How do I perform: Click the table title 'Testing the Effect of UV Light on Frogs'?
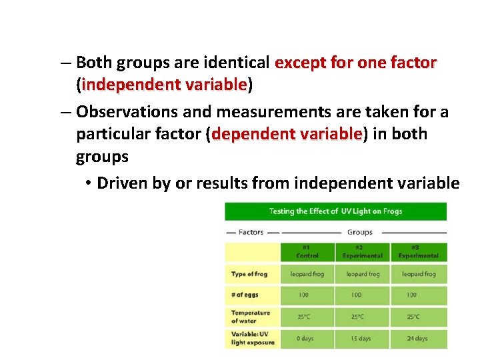335,211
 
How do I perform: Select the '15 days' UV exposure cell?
362,338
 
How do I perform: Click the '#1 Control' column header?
307,252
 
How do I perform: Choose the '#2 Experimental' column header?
362,252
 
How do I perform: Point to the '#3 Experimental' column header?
419,252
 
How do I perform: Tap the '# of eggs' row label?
245,295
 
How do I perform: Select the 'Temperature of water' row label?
251,316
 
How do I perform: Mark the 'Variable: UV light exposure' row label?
253,338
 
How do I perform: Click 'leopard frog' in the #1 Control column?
307,274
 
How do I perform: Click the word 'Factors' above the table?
251,232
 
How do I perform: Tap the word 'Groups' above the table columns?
360,232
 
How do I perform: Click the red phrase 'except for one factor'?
355,63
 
